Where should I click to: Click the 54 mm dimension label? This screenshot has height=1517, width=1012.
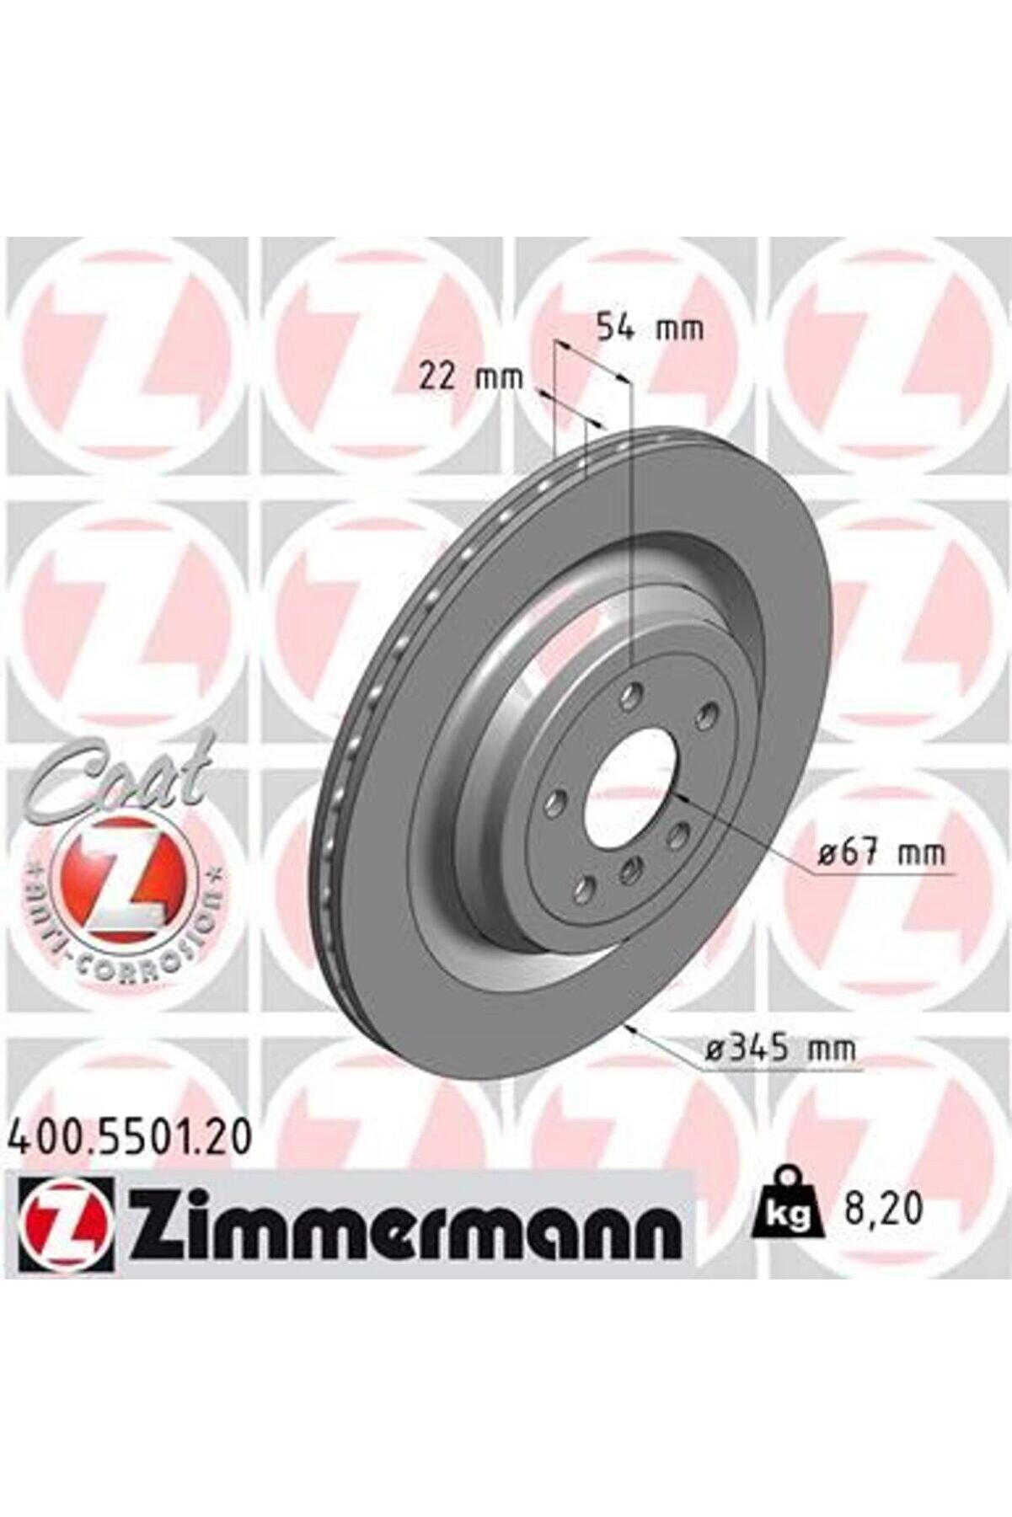[x=649, y=327]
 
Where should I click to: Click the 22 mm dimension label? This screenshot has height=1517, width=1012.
[x=471, y=377]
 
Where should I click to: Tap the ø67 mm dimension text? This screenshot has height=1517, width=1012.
[x=882, y=854]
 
